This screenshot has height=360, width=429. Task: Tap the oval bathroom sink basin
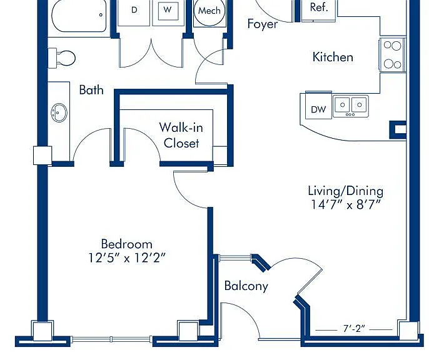click(x=59, y=112)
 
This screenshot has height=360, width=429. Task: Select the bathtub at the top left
click(x=79, y=16)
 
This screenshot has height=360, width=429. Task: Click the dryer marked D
click(x=134, y=13)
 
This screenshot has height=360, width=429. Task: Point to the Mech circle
click(x=209, y=11)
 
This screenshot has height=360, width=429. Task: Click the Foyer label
click(x=263, y=24)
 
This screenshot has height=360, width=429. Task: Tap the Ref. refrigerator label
click(x=319, y=7)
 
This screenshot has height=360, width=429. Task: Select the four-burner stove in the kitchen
click(x=392, y=54)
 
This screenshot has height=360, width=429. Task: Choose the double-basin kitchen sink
click(x=350, y=106)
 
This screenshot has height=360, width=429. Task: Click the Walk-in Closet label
click(x=181, y=135)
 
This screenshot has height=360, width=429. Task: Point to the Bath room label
click(x=91, y=90)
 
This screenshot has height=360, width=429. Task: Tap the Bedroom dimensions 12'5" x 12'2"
click(x=127, y=258)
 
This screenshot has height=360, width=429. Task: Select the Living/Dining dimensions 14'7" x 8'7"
click(x=346, y=204)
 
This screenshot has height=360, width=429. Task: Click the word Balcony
click(x=246, y=286)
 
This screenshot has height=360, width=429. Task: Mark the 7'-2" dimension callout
click(x=354, y=329)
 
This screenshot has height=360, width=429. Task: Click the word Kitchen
click(x=333, y=57)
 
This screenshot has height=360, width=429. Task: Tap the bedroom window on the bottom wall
click(x=111, y=339)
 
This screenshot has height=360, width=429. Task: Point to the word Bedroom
click(x=127, y=244)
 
